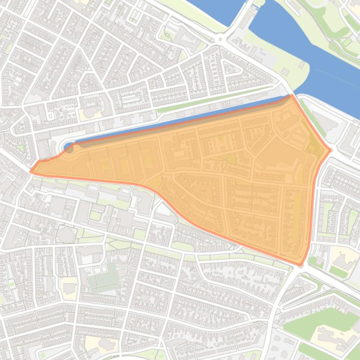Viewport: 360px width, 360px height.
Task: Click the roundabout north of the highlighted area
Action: (x=220, y=39)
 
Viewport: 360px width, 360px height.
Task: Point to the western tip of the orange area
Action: (x=31, y=171)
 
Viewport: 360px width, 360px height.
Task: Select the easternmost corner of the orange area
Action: (x=331, y=150)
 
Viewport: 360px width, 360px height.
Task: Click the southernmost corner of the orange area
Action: (x=301, y=266)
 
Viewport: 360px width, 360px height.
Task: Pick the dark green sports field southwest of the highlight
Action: (x=104, y=276)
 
